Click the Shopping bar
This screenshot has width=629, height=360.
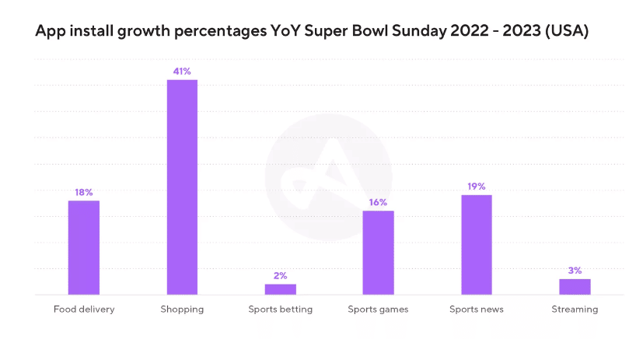pyautogui.click(x=182, y=187)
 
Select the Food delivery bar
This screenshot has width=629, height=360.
pyautogui.click(x=84, y=247)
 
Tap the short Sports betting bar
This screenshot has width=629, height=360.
pyautogui.click(x=280, y=289)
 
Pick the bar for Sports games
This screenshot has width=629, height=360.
pyautogui.click(x=378, y=253)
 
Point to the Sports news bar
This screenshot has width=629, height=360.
pyautogui.click(x=477, y=244)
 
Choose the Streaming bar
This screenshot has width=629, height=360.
pyautogui.click(x=575, y=287)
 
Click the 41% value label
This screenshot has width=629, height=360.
pyautogui.click(x=182, y=72)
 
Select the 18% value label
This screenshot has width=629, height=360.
pyautogui.click(x=84, y=192)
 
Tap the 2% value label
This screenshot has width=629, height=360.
pyautogui.click(x=280, y=275)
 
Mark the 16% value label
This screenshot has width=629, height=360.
pyautogui.click(x=378, y=202)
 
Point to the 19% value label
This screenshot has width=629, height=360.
pyautogui.click(x=477, y=187)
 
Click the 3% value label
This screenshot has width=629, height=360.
pyautogui.click(x=575, y=271)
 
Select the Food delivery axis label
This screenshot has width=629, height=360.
pyautogui.click(x=84, y=309)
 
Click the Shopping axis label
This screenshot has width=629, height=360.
pyautogui.click(x=182, y=309)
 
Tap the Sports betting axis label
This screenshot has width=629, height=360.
pyautogui.click(x=280, y=309)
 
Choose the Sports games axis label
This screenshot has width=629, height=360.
pyautogui.click(x=378, y=309)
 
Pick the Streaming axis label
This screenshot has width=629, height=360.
pyautogui.click(x=575, y=309)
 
